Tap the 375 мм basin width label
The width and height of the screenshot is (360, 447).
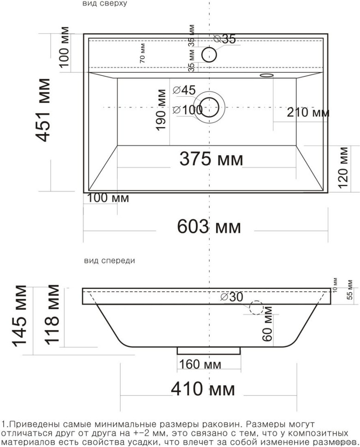click(x=211, y=159)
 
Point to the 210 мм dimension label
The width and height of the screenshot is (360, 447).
click(x=308, y=112)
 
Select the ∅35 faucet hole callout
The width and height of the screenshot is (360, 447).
click(x=224, y=39)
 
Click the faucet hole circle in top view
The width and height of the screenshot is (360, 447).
click(x=209, y=54)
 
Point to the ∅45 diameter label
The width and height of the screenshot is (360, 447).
click(x=184, y=90)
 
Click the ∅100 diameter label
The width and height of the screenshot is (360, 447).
click(x=188, y=110)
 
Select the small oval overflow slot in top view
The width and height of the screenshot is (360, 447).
click(x=266, y=75)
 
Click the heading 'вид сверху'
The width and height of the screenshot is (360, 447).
click(x=105, y=4)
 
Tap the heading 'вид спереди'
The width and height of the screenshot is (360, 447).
click(x=109, y=260)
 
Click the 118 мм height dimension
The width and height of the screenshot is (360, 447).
click(x=52, y=315)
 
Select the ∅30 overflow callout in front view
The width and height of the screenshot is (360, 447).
click(x=231, y=297)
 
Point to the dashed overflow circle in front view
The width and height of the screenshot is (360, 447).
click(x=255, y=307)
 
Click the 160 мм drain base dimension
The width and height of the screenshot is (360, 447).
click(x=200, y=365)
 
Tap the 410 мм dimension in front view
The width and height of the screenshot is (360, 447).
click(x=203, y=389)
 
